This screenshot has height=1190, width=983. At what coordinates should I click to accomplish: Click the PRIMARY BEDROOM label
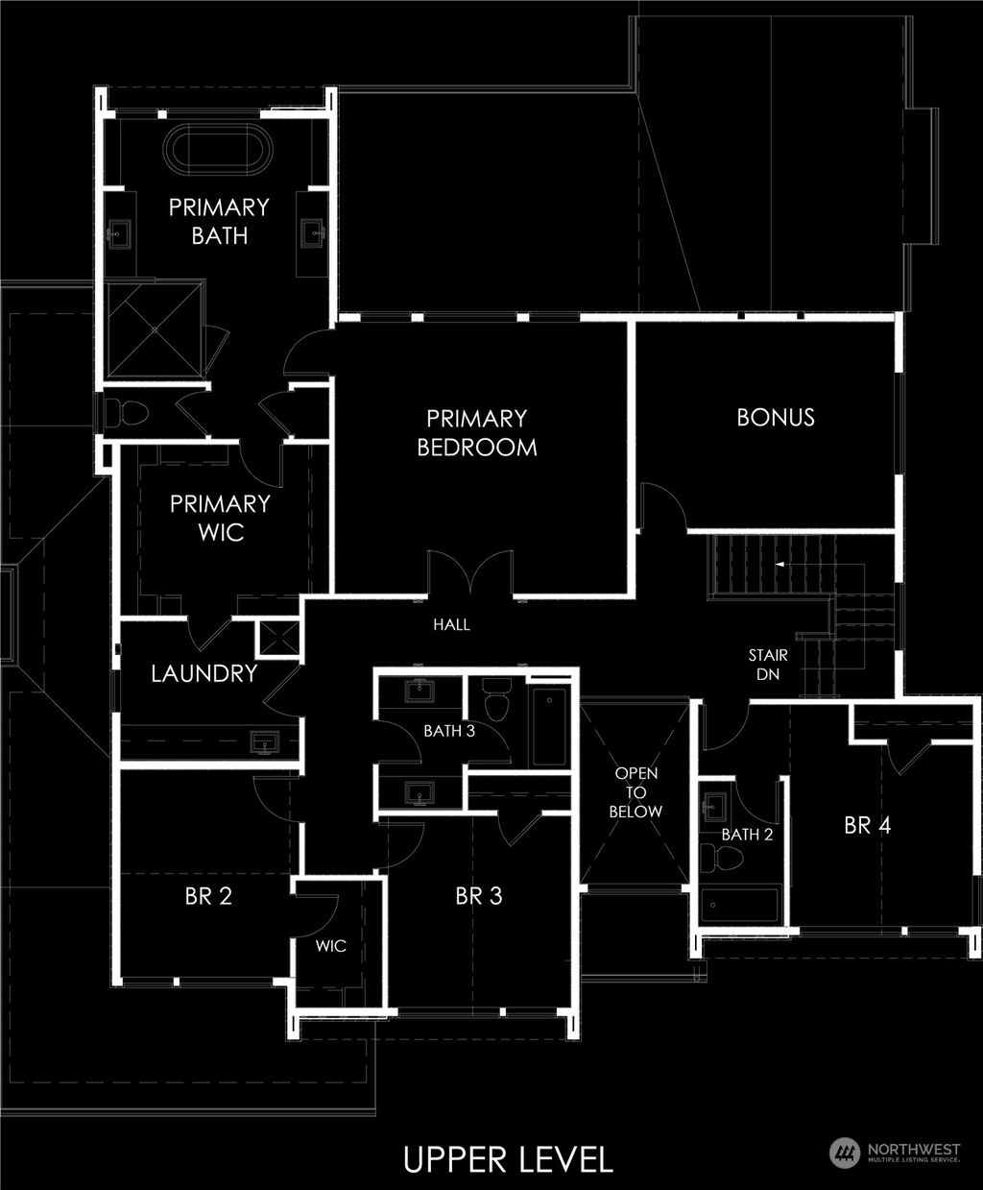(477, 432)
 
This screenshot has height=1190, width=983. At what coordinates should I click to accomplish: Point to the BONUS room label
(776, 417)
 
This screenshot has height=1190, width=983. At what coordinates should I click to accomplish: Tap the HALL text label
(451, 624)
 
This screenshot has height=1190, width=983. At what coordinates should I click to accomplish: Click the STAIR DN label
(768, 665)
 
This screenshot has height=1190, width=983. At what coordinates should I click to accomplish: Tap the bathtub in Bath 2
(739, 905)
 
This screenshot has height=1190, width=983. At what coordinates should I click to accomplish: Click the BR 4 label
(868, 824)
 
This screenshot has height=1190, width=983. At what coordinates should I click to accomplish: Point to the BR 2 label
(209, 896)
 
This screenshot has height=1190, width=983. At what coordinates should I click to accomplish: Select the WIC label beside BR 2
(331, 946)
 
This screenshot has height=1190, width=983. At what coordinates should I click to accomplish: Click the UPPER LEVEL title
(508, 1158)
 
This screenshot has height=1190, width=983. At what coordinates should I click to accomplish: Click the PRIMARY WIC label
(220, 518)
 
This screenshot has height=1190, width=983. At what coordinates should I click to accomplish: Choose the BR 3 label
(479, 896)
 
